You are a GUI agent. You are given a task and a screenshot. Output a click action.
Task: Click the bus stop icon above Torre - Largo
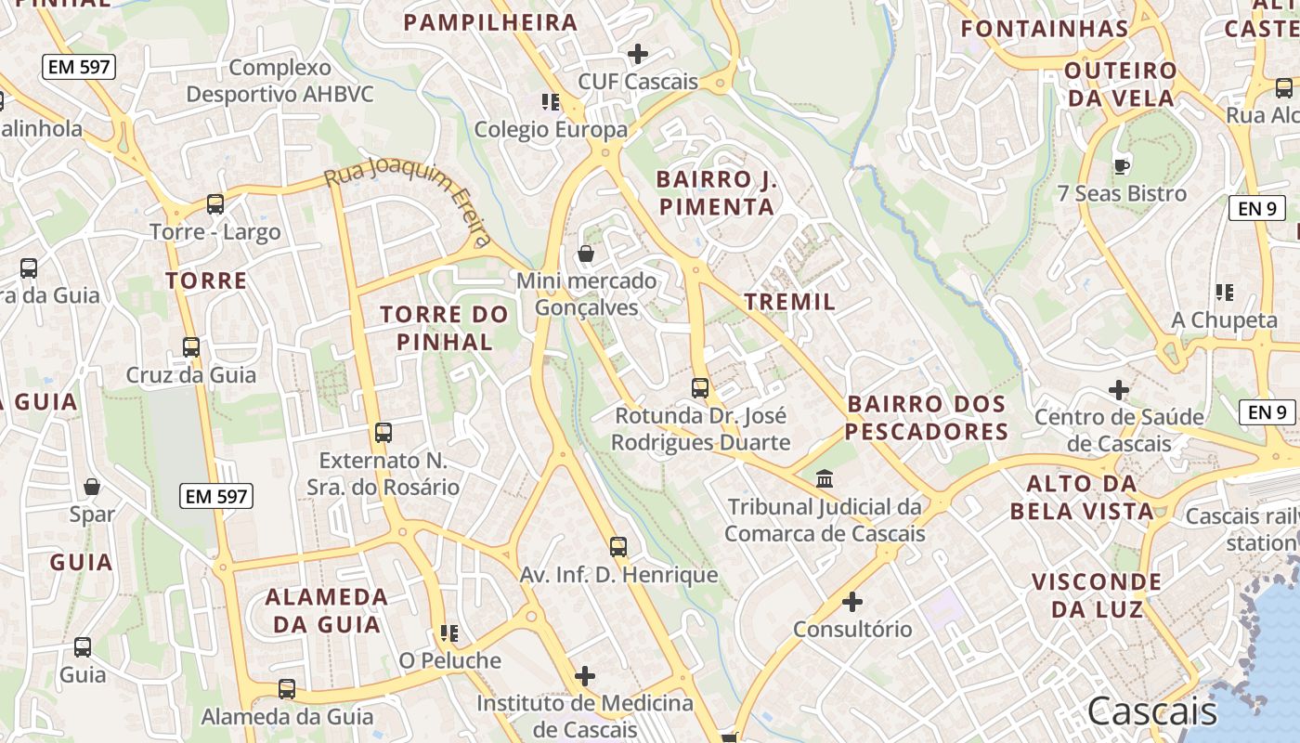coord(215,203)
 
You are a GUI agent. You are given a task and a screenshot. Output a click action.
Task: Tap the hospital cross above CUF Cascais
coord(638,54)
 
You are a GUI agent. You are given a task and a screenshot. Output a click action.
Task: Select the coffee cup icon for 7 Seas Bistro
coord(1121,166)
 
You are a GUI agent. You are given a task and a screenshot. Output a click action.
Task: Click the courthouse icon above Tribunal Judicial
coord(825,479)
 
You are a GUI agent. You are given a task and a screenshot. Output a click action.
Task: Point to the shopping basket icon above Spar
coord(92,487)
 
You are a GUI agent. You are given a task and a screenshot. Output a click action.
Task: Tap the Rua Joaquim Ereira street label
coord(409,200)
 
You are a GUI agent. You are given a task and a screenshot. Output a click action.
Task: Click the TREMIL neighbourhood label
coord(790,302)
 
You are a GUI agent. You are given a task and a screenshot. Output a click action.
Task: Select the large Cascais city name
coord(1151,711)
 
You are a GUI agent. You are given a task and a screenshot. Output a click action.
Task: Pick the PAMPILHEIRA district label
coord(490,22)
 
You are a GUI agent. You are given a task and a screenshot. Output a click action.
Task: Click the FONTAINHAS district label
coord(1045,29)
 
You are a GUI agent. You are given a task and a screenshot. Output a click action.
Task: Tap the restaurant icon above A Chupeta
coord(1225,293)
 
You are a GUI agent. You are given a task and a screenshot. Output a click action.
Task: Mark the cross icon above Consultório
coord(852,602)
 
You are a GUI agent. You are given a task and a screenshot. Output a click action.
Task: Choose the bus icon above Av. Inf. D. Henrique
coord(618,546)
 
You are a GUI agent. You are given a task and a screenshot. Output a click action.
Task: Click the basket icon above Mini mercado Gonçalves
coord(586,253)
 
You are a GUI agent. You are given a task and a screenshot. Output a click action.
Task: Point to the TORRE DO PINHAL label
coord(445,328)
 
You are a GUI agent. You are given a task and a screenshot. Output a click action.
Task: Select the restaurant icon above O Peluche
coord(449,633)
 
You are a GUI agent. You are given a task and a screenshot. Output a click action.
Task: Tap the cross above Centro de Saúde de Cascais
coord(1119,389)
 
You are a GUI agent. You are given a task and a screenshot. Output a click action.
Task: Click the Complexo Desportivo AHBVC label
coord(279,81)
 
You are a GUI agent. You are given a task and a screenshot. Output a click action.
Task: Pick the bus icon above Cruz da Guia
coord(191,347)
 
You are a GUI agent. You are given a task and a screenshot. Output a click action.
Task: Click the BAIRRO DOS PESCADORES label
coord(927,418)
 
